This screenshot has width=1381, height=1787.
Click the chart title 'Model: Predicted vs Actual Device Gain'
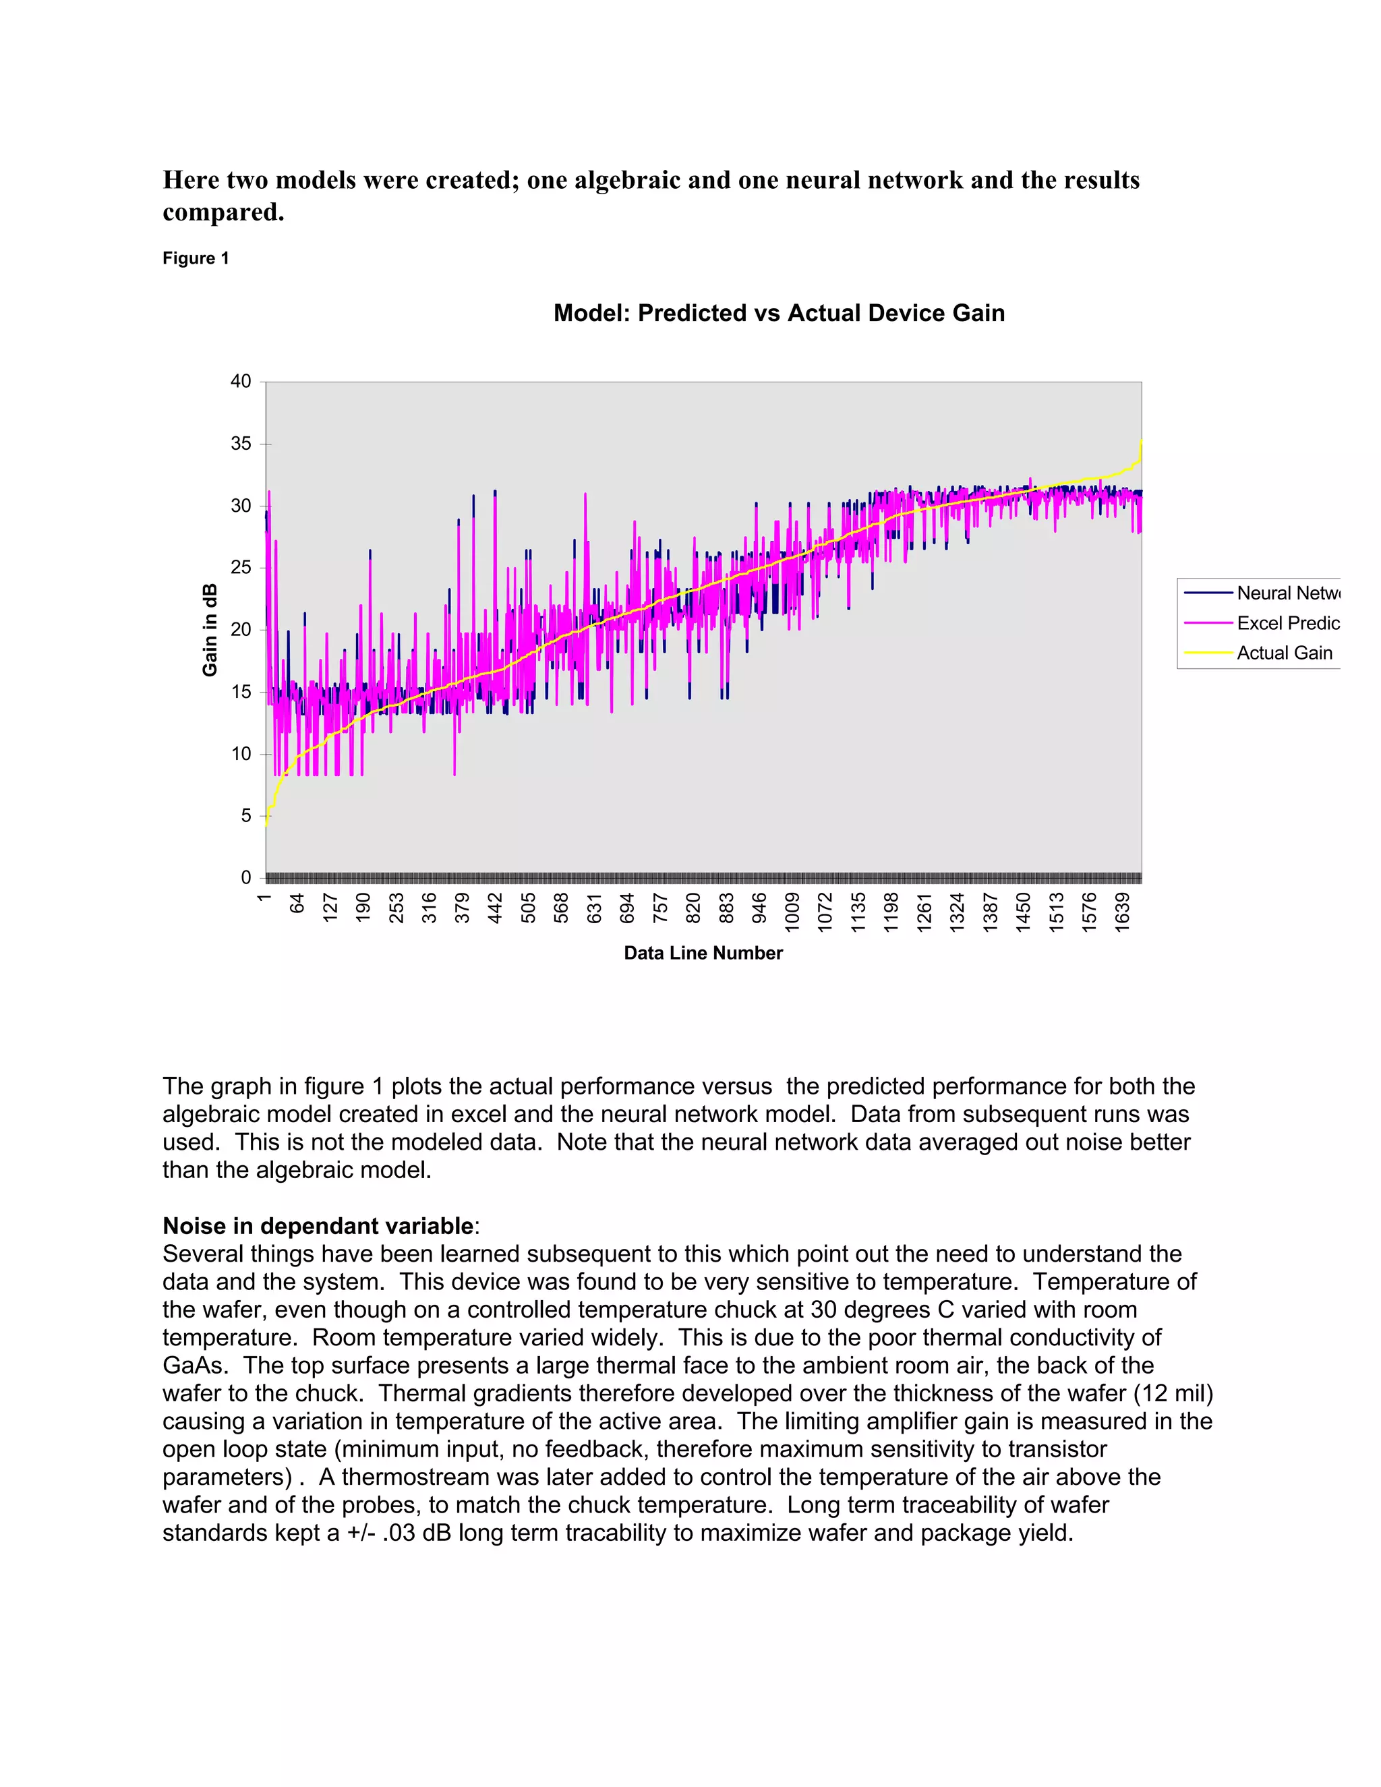(x=778, y=314)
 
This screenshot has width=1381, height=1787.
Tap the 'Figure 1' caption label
(x=196, y=258)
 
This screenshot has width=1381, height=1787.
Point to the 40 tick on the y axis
(x=241, y=381)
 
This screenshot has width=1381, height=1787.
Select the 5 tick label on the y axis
(x=245, y=816)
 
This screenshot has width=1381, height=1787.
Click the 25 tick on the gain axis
(x=241, y=568)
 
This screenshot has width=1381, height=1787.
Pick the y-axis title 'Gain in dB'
(x=210, y=630)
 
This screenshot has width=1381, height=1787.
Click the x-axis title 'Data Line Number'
(x=703, y=954)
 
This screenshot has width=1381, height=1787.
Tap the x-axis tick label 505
(x=529, y=908)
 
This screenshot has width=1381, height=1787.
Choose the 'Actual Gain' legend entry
(x=1284, y=653)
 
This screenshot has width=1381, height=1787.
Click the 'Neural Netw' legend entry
(x=1287, y=593)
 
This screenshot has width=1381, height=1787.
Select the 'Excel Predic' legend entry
(x=1287, y=624)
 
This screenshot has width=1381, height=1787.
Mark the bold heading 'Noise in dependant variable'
(x=318, y=1227)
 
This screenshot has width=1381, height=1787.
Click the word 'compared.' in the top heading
(x=223, y=212)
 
